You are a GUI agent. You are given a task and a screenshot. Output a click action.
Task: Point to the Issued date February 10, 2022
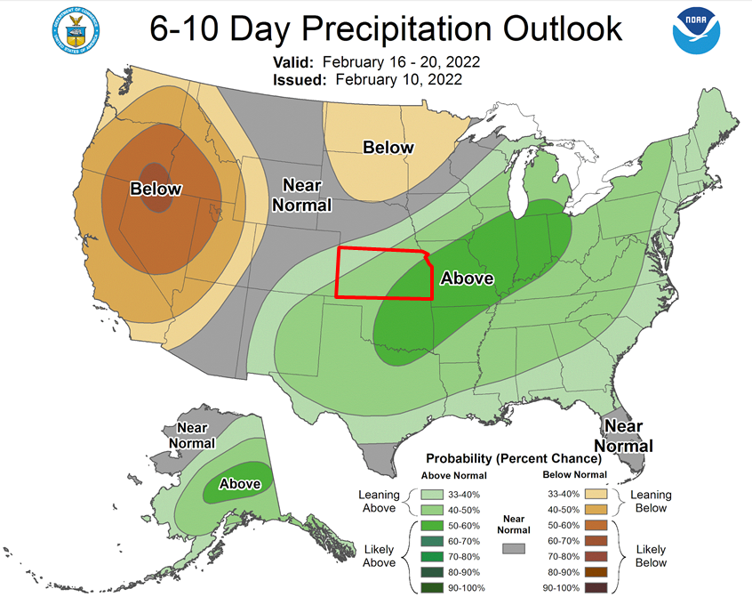(399, 80)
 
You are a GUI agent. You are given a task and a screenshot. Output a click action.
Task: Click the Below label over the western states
(156, 189)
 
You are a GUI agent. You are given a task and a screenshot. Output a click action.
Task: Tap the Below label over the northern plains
(388, 148)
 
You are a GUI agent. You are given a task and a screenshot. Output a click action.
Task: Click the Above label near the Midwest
(467, 278)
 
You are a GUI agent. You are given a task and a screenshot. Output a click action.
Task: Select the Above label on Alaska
(240, 484)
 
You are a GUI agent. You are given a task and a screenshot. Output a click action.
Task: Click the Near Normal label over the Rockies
(307, 195)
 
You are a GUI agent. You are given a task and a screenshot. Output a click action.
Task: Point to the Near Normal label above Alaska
(191, 435)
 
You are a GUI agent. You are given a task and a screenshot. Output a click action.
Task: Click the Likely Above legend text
(379, 557)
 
